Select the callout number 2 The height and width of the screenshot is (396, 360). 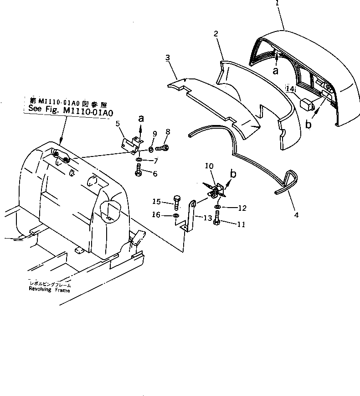click(216, 33)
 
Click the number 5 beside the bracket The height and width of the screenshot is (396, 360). click(117, 123)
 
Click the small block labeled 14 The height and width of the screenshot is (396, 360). click(307, 104)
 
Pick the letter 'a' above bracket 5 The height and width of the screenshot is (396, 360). click(141, 119)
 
